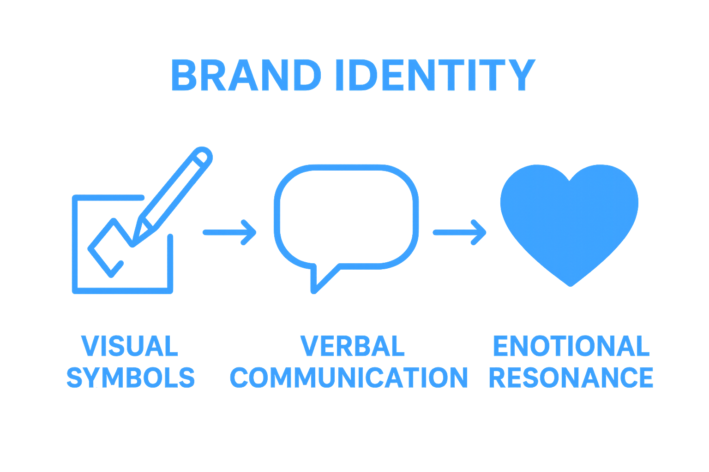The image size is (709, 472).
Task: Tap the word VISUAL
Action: [130, 346]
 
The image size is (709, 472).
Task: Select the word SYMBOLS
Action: [131, 377]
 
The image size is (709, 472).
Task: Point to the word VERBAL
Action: [353, 346]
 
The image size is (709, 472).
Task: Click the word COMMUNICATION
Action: [349, 377]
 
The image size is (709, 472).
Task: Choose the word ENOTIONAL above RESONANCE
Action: [571, 346]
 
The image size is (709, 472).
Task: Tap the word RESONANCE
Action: [571, 377]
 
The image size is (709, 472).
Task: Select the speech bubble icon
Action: [346, 217]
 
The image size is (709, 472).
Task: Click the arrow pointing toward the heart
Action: [460, 232]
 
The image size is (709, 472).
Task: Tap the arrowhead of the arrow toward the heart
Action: [480, 232]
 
